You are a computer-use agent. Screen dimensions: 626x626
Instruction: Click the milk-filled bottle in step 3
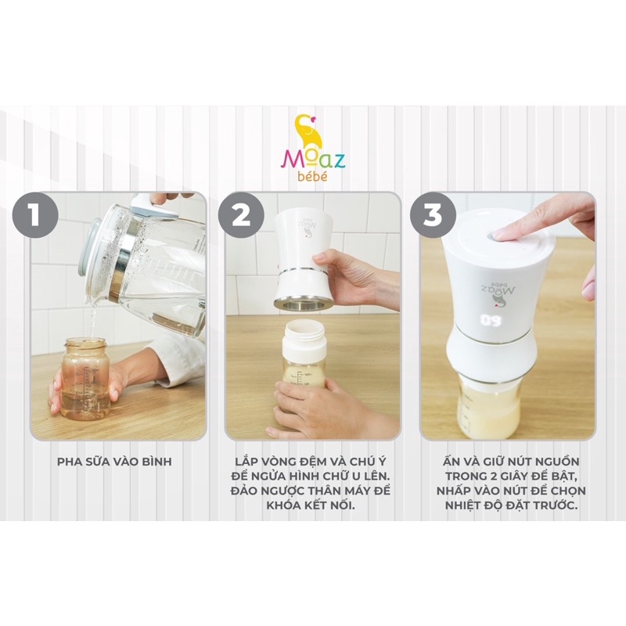click(489, 403)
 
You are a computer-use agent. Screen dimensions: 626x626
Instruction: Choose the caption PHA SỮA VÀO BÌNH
click(113, 462)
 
